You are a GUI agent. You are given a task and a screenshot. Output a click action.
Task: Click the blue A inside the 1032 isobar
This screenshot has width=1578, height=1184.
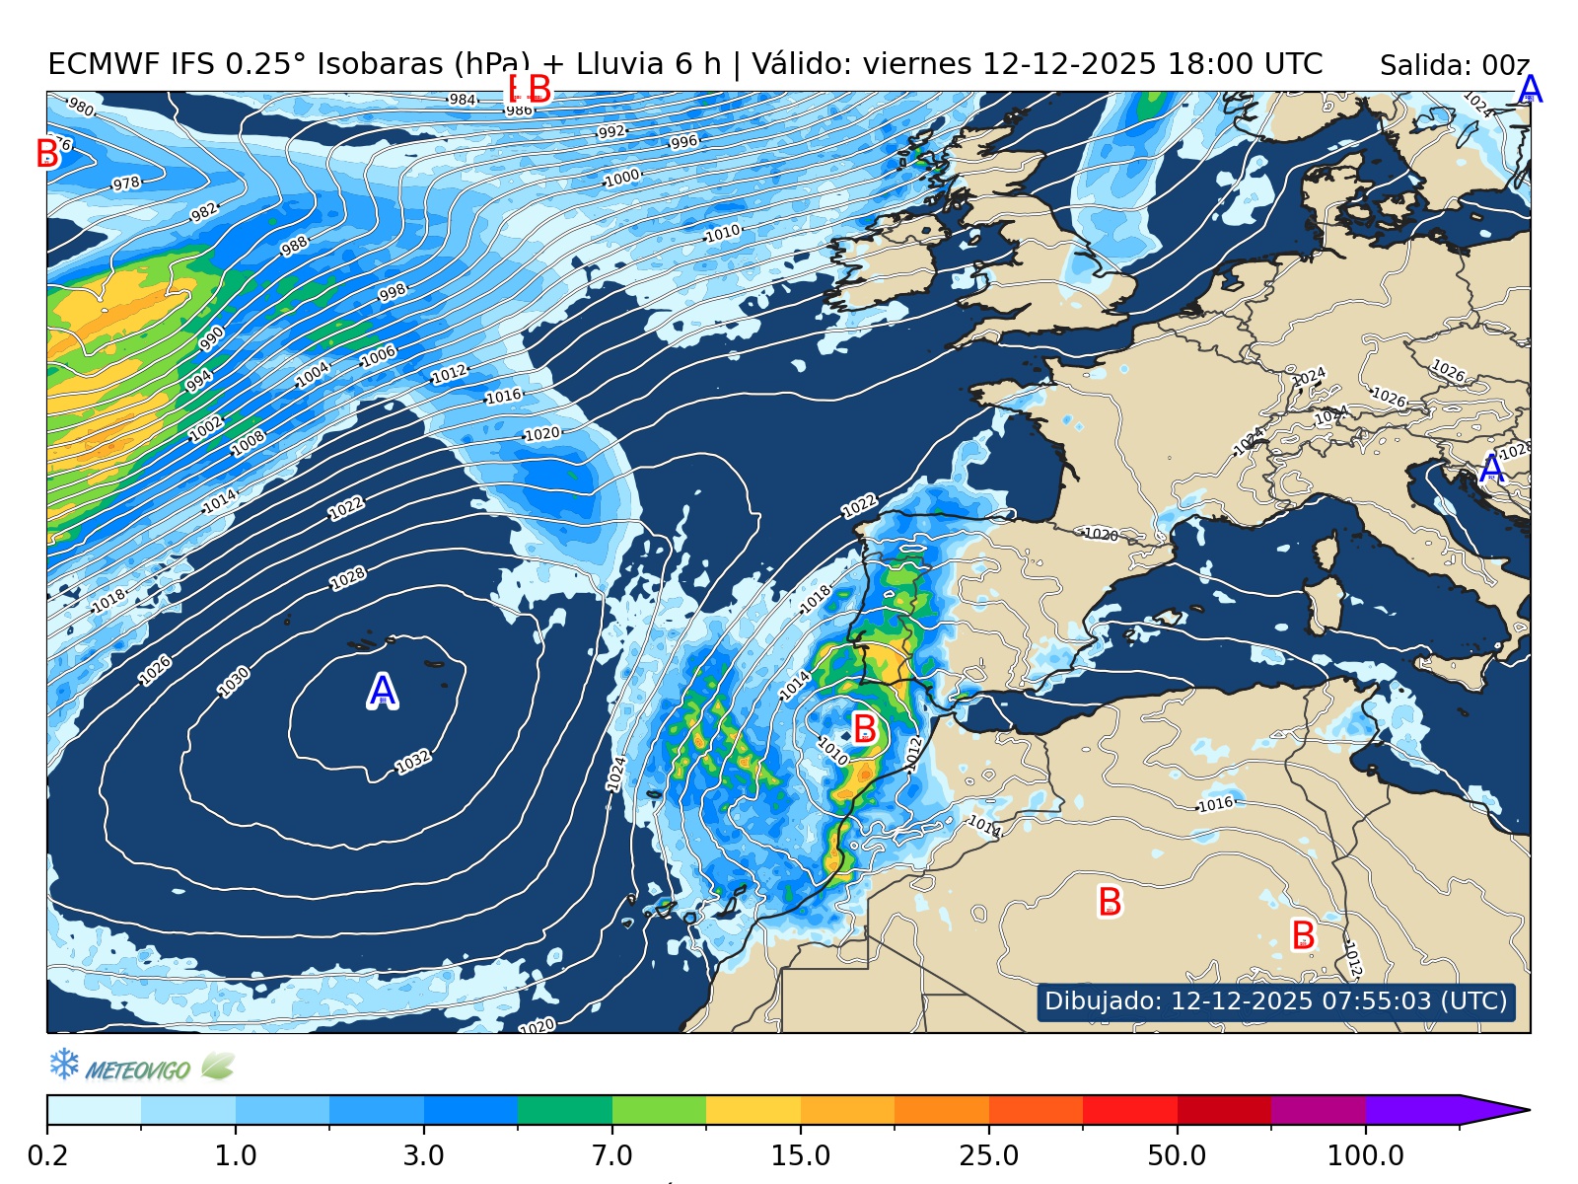pyautogui.click(x=383, y=692)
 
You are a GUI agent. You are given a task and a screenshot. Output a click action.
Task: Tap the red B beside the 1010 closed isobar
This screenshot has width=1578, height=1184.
pyautogui.click(x=865, y=729)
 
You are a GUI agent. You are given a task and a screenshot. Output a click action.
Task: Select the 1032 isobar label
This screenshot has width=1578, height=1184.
pyautogui.click(x=413, y=762)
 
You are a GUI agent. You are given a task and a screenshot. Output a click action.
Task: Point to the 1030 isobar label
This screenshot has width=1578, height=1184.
pyautogui.click(x=235, y=682)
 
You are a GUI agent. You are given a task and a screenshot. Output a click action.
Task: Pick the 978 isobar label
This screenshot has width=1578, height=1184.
pyautogui.click(x=126, y=184)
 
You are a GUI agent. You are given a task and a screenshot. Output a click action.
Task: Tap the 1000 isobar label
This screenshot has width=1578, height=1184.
pyautogui.click(x=622, y=179)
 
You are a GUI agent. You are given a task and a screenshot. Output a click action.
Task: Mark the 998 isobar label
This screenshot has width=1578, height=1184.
pyautogui.click(x=393, y=293)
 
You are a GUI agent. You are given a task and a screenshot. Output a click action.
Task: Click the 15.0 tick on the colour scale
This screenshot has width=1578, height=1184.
pyautogui.click(x=800, y=1154)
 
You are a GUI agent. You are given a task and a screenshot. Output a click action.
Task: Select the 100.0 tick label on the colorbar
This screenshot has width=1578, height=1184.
pyautogui.click(x=1365, y=1154)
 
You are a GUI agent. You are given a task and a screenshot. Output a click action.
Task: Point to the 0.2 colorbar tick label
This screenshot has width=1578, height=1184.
pyautogui.click(x=47, y=1154)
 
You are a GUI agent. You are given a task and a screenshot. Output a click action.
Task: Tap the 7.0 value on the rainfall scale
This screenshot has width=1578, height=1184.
pyautogui.click(x=612, y=1154)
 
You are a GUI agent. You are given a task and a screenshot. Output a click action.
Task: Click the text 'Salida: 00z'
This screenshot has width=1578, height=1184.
pyautogui.click(x=1454, y=66)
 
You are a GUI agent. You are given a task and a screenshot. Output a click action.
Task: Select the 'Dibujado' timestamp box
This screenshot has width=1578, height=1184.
pyautogui.click(x=1275, y=1000)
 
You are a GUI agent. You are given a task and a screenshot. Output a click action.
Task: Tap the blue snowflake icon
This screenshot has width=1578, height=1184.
pyautogui.click(x=64, y=1064)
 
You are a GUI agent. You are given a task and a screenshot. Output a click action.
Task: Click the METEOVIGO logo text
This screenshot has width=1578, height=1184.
pyautogui.click(x=138, y=1070)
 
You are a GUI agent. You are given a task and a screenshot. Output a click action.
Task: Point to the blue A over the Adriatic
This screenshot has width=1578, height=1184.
pyautogui.click(x=1492, y=469)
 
